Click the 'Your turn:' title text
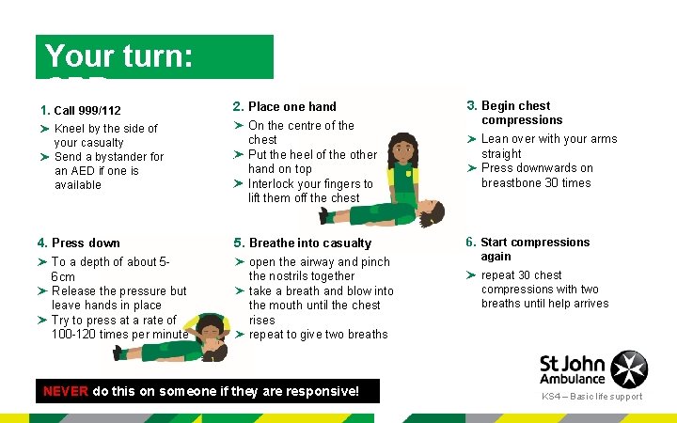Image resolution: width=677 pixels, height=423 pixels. [118, 56]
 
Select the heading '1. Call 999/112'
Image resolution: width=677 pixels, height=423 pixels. [87, 110]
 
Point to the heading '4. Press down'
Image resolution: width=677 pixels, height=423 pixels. [86, 243]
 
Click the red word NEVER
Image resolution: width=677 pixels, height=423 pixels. [67, 390]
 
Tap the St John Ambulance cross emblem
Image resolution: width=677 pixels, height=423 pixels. [629, 368]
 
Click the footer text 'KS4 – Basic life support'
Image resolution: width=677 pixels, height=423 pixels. [591, 397]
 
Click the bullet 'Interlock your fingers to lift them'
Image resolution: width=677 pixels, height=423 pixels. [309, 191]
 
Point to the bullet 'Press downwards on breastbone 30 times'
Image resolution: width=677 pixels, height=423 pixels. [536, 175]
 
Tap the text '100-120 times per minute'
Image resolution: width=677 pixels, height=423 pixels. [119, 335]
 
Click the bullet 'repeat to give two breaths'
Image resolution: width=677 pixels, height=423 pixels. [317, 335]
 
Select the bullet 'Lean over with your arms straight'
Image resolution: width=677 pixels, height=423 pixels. [548, 146]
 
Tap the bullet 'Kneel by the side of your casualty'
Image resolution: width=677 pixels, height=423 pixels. [105, 135]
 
